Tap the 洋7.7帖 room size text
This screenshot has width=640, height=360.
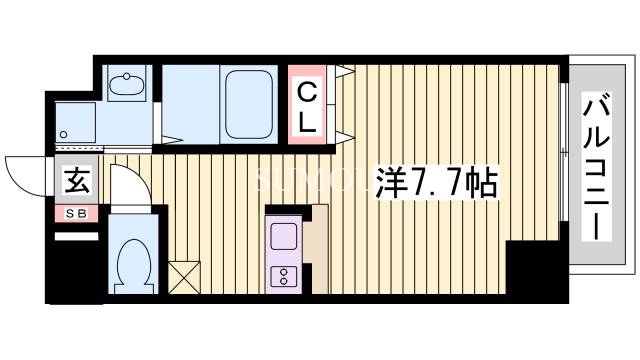point(435,184)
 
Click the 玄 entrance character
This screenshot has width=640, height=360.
point(76,182)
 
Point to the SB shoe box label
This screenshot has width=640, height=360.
point(76,213)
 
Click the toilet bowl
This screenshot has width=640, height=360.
point(131,265)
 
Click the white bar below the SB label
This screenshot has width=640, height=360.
point(76,235)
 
